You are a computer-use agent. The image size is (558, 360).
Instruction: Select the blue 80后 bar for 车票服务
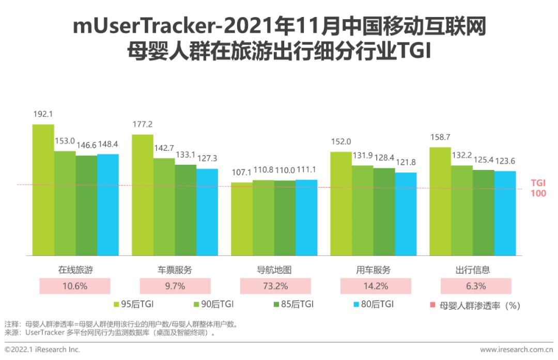click(207, 212)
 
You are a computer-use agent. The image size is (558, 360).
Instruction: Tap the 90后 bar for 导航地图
click(263, 217)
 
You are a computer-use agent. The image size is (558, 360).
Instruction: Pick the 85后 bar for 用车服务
click(384, 211)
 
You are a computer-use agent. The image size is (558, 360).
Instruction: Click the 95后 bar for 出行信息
click(440, 201)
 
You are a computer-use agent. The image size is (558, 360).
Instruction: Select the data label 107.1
click(241, 173)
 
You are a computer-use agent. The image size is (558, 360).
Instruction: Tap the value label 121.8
click(406, 163)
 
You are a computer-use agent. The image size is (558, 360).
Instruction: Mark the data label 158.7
click(440, 138)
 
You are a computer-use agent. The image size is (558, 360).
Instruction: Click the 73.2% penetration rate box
click(275, 286)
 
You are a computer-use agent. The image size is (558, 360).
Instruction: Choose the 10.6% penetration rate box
click(75, 286)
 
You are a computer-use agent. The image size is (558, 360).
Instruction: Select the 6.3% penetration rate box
click(475, 286)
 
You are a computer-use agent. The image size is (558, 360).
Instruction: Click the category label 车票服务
click(175, 270)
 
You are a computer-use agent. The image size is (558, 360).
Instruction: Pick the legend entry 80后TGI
click(370, 305)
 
